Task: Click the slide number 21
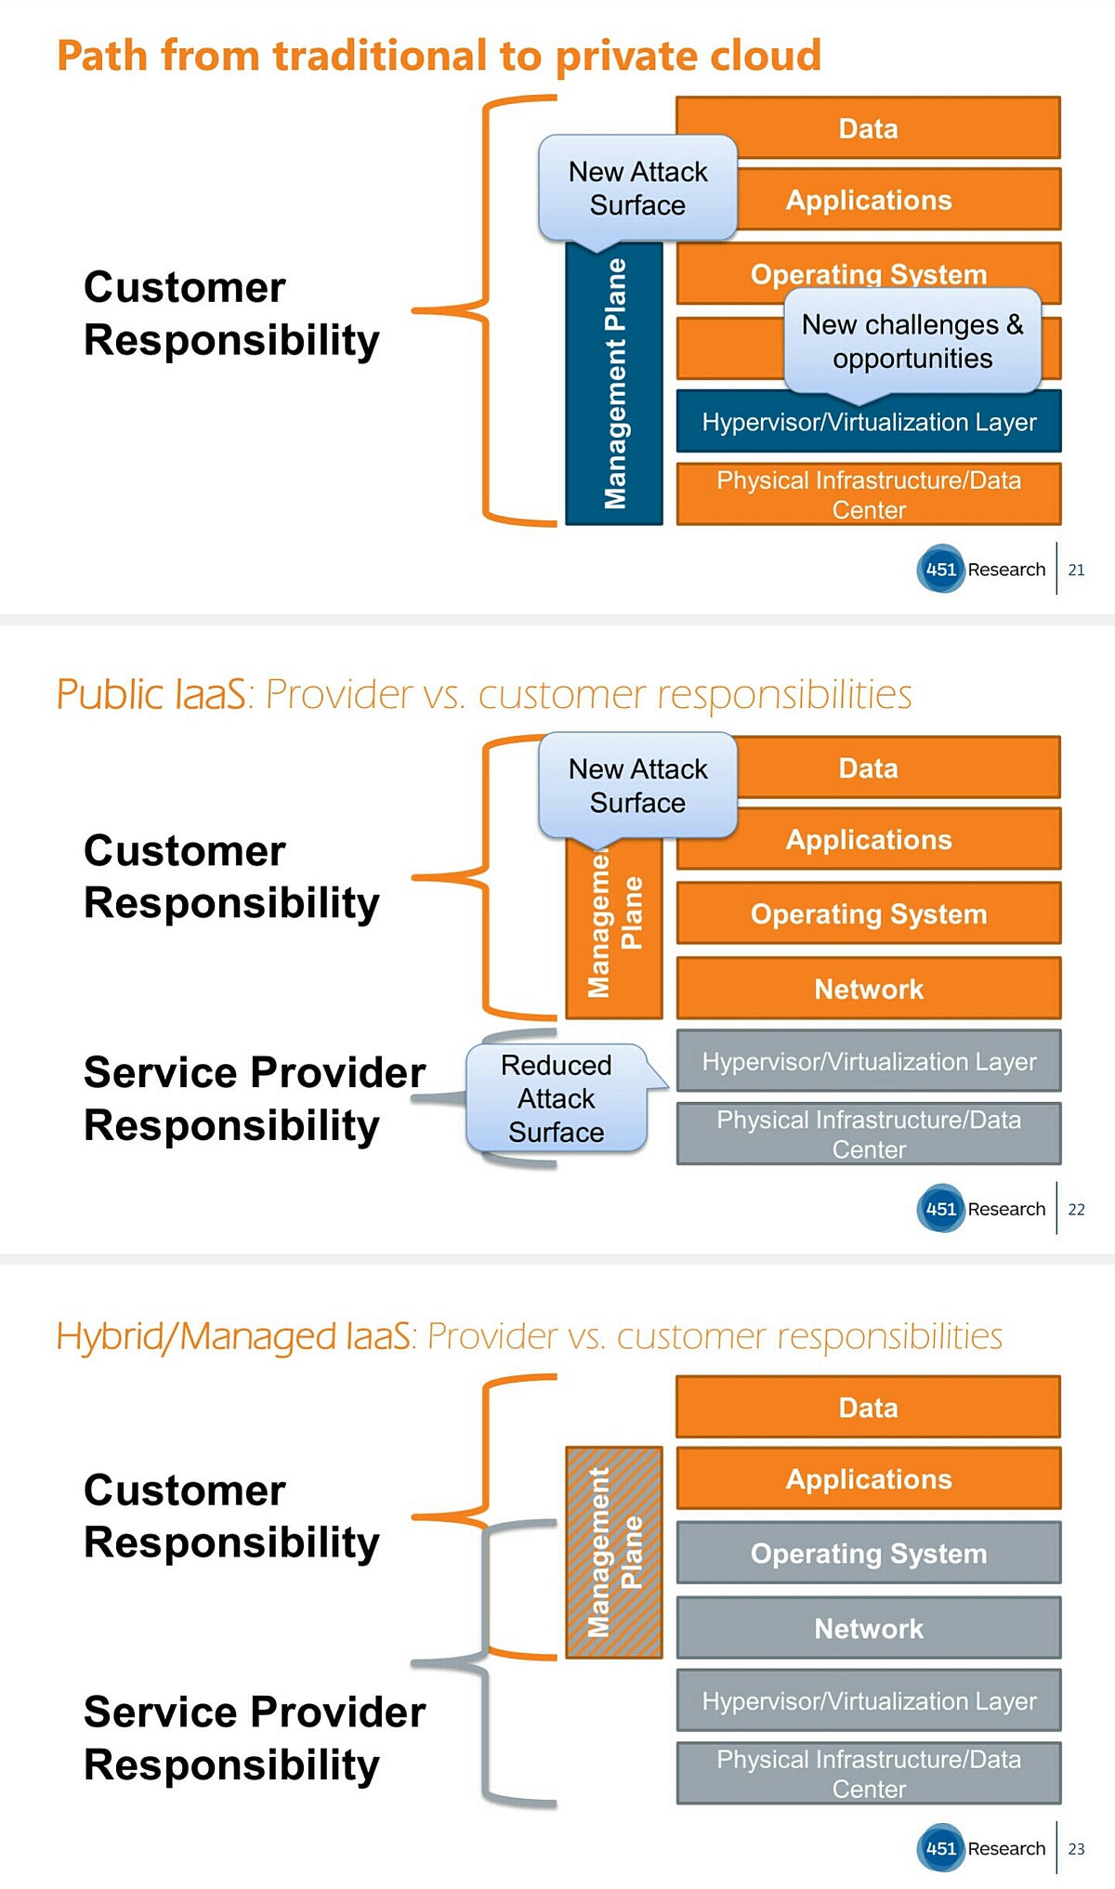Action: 1076,570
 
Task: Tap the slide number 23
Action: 1076,1848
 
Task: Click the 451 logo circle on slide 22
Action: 940,1209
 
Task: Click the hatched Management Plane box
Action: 614,1552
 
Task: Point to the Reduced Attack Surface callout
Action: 556,1098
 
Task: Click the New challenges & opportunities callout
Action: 912,341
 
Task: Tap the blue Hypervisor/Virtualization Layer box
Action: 868,423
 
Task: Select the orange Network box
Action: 868,989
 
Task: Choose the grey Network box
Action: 868,1628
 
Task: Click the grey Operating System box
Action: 868,1553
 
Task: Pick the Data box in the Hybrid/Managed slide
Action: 868,1408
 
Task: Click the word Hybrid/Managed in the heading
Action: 232,1336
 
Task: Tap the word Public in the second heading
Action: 104,694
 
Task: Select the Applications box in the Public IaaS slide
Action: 868,840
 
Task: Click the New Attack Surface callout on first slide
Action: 637,189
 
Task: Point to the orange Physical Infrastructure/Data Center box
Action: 868,494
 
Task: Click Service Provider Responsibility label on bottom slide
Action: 254,1738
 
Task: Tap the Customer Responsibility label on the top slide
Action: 230,313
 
